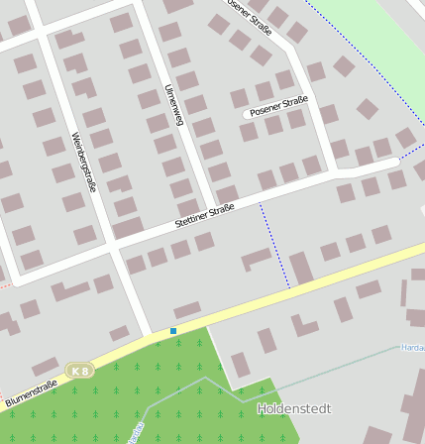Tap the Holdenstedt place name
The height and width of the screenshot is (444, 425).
coord(294,408)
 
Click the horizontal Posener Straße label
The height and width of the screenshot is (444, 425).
coord(279,106)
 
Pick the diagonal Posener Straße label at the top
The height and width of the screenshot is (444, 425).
coord(250,14)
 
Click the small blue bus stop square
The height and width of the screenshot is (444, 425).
coord(173,330)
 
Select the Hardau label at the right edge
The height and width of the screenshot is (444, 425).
coord(413,348)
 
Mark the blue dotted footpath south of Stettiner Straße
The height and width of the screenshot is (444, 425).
coord(275,248)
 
